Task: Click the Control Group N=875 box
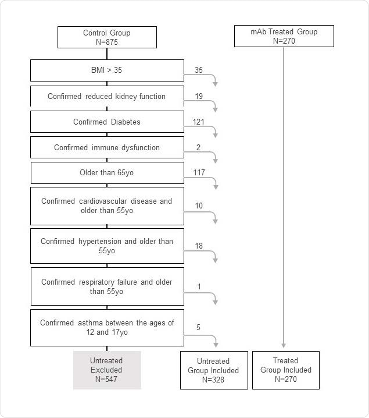pyautogui.click(x=107, y=37)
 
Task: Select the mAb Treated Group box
pyautogui.click(x=284, y=36)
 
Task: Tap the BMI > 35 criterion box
pyautogui.click(x=107, y=70)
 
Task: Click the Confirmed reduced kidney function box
pyautogui.click(x=107, y=96)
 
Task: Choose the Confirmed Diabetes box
pyautogui.click(x=107, y=122)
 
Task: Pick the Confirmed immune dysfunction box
pyautogui.click(x=107, y=147)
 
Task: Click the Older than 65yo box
pyautogui.click(x=107, y=173)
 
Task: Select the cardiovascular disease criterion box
pyautogui.click(x=107, y=206)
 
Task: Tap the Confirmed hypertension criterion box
pyautogui.click(x=107, y=246)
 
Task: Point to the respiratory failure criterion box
pyautogui.click(x=107, y=286)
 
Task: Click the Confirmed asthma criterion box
pyautogui.click(x=107, y=327)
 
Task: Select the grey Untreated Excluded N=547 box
pyautogui.click(x=107, y=370)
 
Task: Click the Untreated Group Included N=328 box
pyautogui.click(x=213, y=370)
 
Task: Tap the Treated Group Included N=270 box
pyautogui.click(x=285, y=370)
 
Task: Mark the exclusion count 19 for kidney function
pyautogui.click(x=199, y=96)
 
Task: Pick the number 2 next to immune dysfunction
pyautogui.click(x=198, y=147)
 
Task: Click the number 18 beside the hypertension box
pyautogui.click(x=199, y=246)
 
